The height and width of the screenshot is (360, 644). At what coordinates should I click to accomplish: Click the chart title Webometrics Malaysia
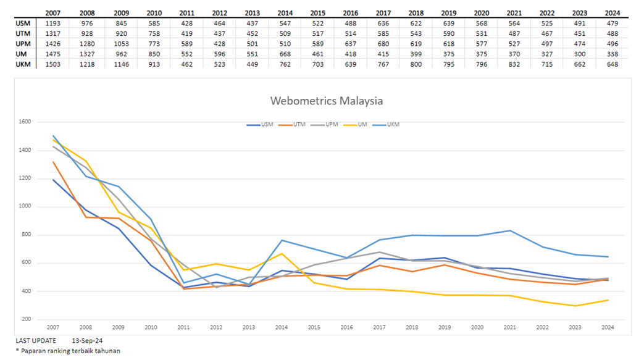click(x=326, y=101)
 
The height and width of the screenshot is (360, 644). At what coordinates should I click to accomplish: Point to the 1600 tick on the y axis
click(x=24, y=122)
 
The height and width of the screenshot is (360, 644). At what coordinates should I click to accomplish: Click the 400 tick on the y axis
click(x=25, y=291)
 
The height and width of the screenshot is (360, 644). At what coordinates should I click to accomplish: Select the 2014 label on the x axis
click(x=281, y=327)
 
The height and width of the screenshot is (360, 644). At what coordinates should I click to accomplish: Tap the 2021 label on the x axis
click(x=509, y=327)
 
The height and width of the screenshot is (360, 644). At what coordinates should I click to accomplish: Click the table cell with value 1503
click(x=54, y=64)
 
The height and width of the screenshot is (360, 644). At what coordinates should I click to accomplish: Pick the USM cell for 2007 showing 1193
click(x=54, y=23)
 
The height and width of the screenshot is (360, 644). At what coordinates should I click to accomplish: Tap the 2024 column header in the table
click(x=612, y=12)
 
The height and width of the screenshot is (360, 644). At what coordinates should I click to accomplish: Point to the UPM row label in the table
click(x=22, y=44)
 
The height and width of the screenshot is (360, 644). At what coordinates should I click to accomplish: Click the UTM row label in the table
click(x=22, y=33)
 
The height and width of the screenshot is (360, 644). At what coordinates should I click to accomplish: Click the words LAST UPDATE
click(x=36, y=340)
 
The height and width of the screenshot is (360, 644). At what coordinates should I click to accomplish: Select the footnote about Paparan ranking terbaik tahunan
click(x=68, y=351)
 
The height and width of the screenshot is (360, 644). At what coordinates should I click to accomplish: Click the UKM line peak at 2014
click(x=282, y=240)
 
